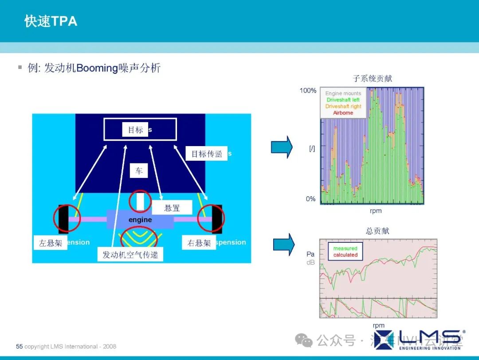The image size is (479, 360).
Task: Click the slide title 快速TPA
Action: tap(51, 21)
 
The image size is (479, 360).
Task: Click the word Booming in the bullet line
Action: tap(97, 68)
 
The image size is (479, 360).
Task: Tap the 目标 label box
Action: tap(135, 130)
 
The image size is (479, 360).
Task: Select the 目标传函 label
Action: tap(207, 154)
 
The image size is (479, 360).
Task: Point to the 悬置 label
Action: tap(172, 207)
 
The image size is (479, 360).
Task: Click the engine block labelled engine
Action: tap(140, 220)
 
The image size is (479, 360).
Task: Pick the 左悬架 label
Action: tap(50, 243)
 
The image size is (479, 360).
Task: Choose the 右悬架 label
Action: tap(199, 243)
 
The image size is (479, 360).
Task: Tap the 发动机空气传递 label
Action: tap(130, 254)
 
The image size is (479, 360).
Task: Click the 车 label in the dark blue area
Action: tap(139, 170)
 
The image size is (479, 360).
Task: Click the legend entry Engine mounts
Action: tap(343, 94)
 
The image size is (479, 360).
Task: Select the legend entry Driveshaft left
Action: tap(343, 100)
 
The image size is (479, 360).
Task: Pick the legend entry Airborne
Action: tap(343, 113)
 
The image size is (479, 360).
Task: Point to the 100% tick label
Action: tap(308, 91)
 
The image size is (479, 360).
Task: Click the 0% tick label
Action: tap(310, 199)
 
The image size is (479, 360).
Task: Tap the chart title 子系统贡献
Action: tap(372, 79)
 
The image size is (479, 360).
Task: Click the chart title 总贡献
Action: tap(377, 231)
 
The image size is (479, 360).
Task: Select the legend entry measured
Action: tap(345, 249)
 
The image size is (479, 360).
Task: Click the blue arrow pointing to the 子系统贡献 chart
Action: tap(282, 147)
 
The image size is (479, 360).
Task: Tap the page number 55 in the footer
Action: tap(19, 346)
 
